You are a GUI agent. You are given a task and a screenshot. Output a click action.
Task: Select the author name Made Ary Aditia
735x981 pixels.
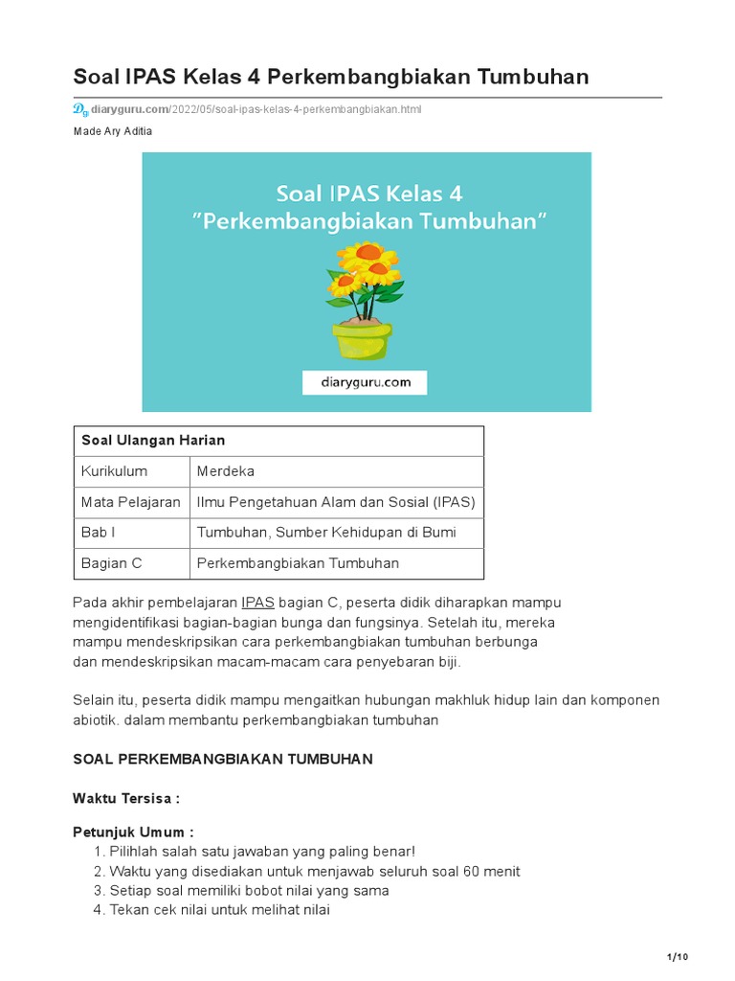[x=112, y=131]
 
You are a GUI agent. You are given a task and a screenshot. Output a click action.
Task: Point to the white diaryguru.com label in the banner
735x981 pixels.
[x=365, y=382]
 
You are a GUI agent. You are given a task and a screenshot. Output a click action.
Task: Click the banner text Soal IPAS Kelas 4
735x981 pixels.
[x=368, y=194]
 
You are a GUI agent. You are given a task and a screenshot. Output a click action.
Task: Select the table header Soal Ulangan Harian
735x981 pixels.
[x=153, y=441]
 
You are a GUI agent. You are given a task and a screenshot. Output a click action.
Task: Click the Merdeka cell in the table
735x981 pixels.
[x=226, y=471]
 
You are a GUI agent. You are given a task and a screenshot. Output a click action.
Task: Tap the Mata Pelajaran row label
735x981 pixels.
[x=131, y=502]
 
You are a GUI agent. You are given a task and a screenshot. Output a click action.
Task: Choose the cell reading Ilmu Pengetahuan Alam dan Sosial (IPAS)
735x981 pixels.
[x=336, y=502]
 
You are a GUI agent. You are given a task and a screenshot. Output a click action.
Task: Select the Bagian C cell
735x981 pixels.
[x=111, y=563]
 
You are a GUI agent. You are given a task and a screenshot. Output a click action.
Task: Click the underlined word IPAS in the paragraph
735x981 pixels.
[x=257, y=603]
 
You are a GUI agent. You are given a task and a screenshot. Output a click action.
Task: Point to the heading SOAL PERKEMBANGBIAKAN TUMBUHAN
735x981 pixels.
[x=223, y=759]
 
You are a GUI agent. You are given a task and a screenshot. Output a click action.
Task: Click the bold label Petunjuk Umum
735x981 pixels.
[x=133, y=833]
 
